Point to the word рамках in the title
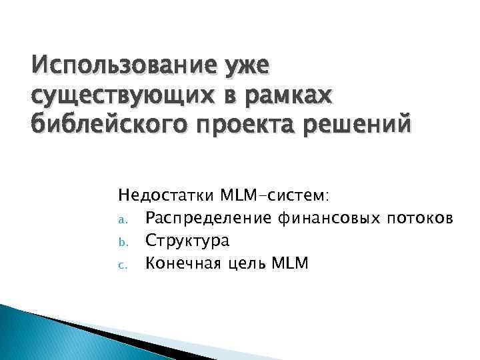click(x=289, y=95)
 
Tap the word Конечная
click(x=179, y=263)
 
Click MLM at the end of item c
click(x=291, y=263)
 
